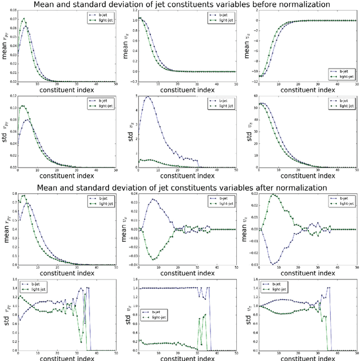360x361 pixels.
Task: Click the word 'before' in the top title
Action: (255, 5)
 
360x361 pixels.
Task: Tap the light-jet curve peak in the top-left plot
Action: (23, 20)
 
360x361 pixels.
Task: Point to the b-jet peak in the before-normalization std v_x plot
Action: (147, 97)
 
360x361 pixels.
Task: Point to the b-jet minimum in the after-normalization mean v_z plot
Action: (268, 264)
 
